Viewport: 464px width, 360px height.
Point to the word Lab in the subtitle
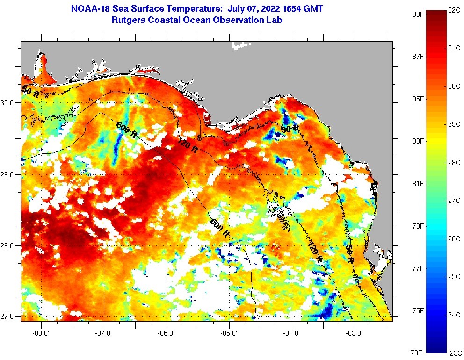[275, 20]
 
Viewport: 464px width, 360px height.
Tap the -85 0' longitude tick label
[229, 333]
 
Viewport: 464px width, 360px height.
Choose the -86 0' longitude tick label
[167, 333]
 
